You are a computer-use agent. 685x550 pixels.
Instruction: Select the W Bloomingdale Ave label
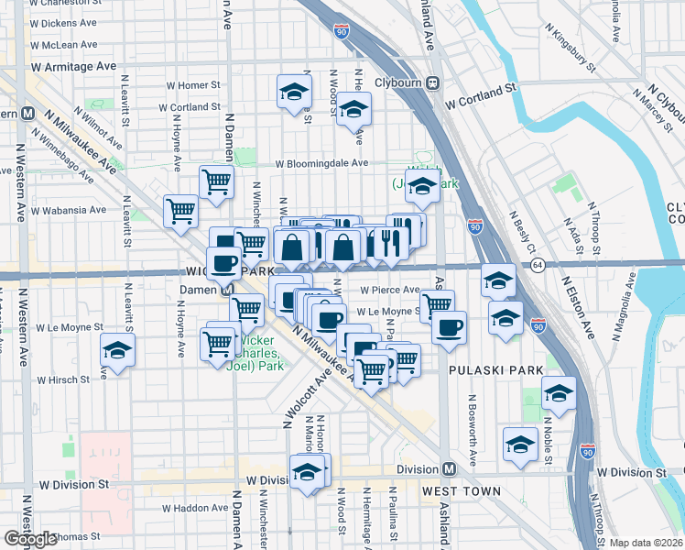(x=323, y=163)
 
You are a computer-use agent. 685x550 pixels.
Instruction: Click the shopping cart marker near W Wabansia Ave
(x=180, y=211)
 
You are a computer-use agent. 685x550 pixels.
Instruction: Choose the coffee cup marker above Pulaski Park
(x=448, y=327)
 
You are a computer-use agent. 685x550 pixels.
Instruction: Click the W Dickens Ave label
(x=63, y=21)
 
